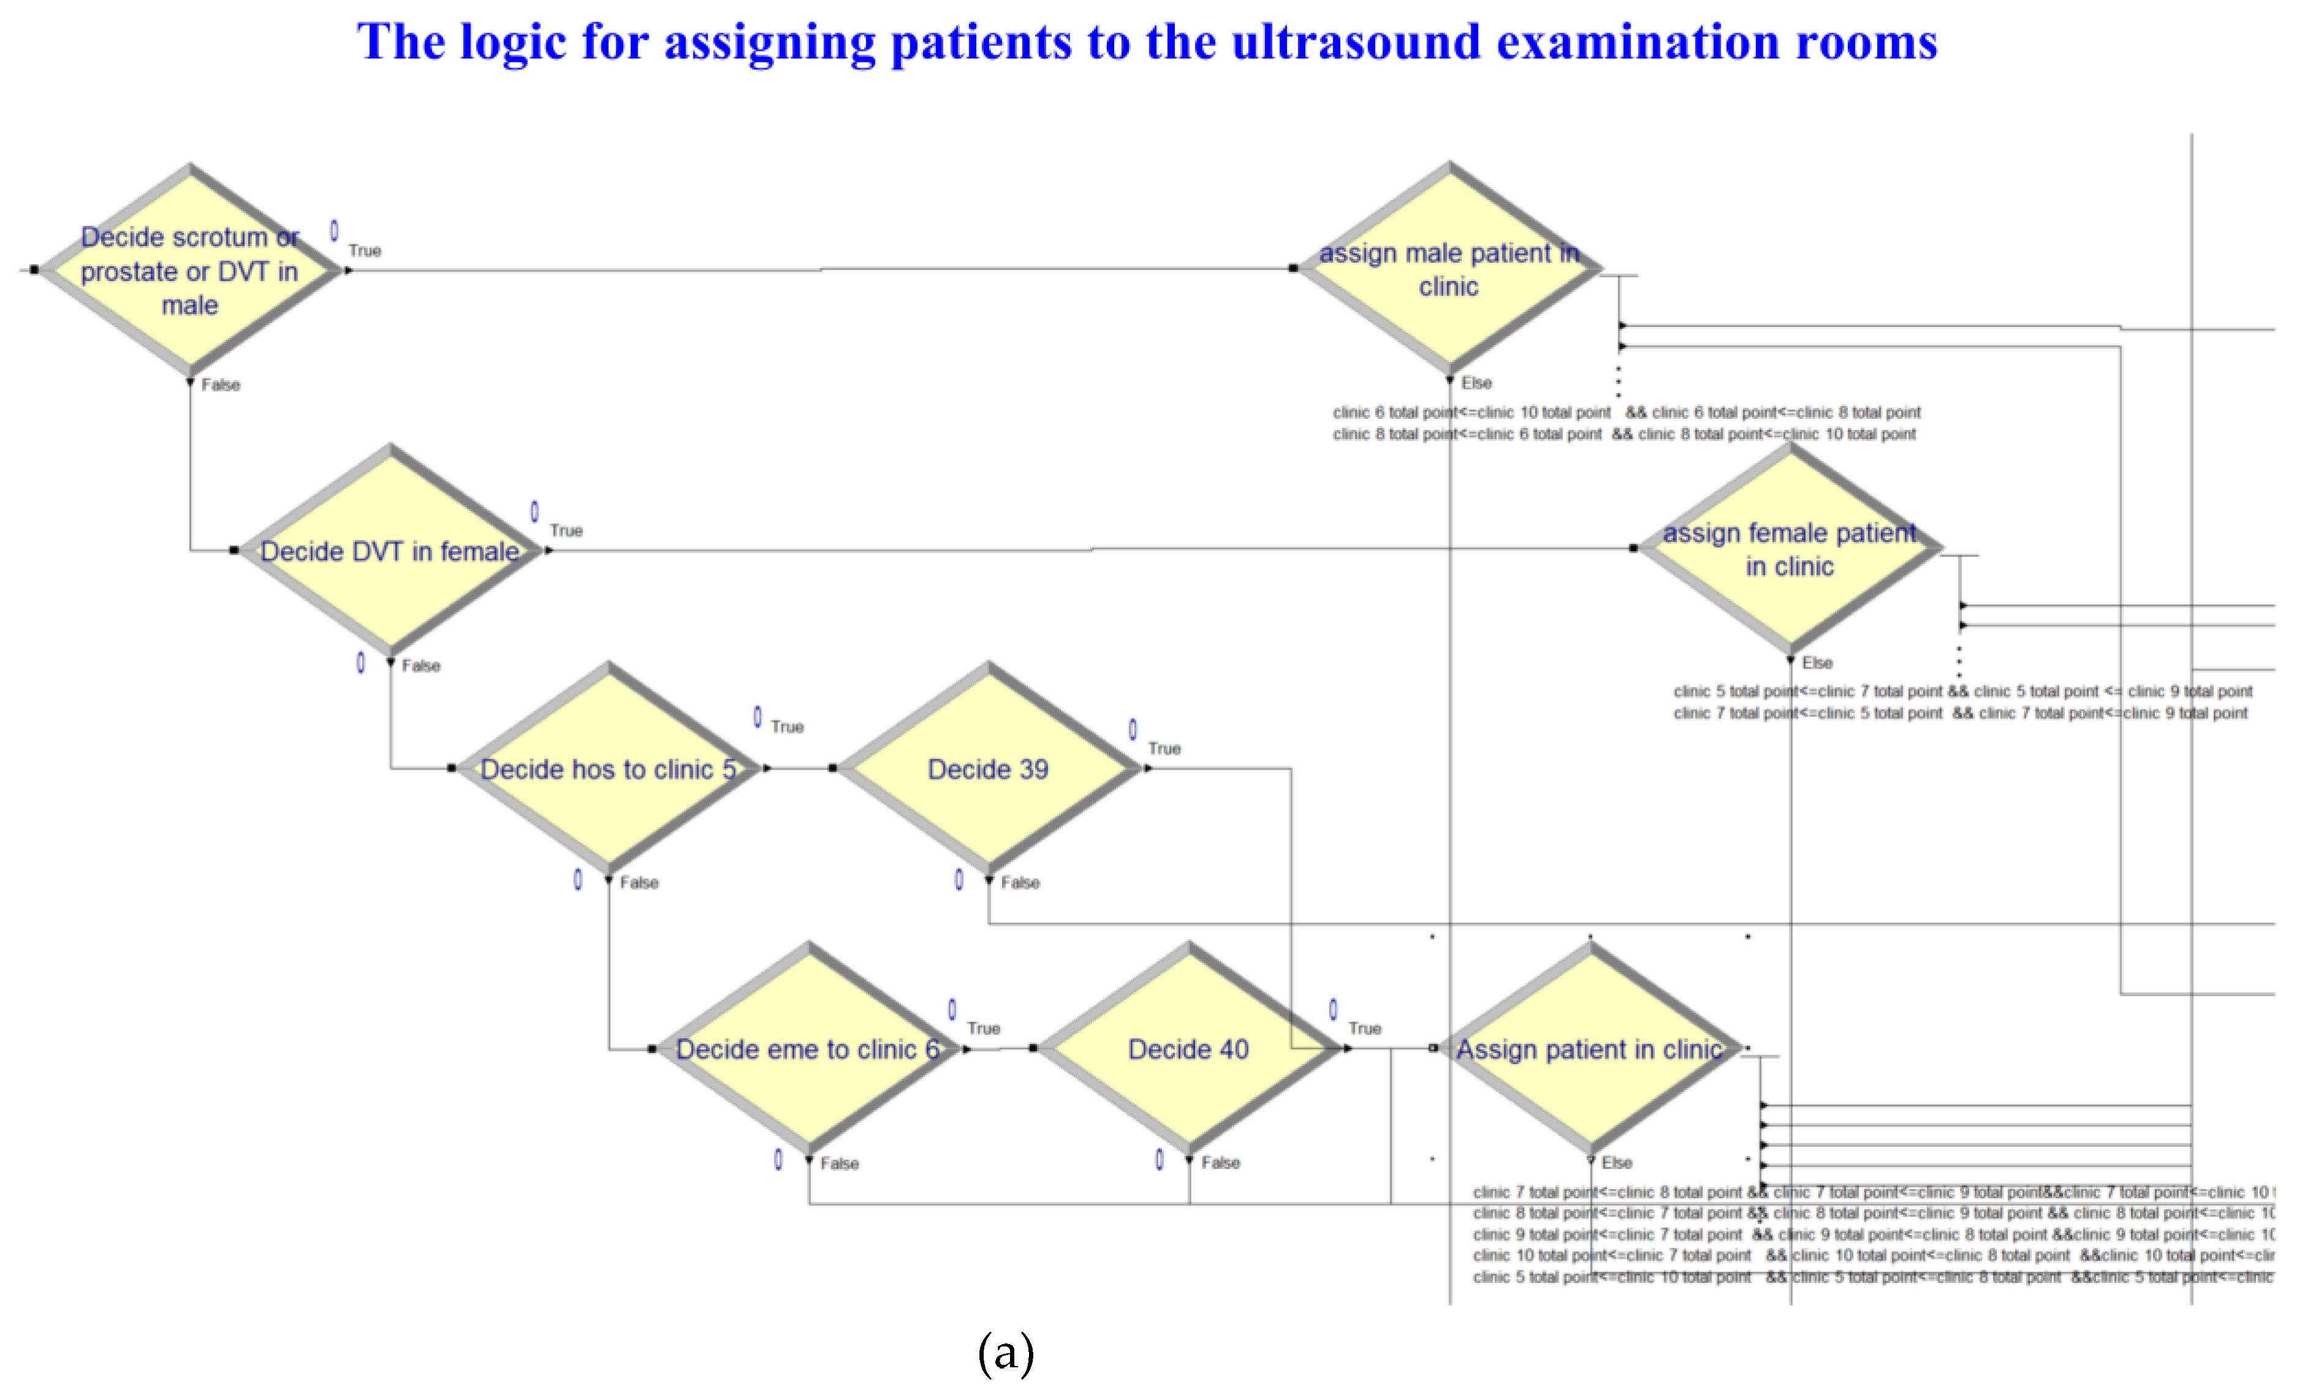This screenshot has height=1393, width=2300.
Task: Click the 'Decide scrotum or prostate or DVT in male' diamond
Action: pyautogui.click(x=190, y=271)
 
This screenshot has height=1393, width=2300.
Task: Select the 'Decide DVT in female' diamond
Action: pyautogui.click(x=390, y=550)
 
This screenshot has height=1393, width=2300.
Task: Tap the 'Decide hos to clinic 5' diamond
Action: pyautogui.click(x=609, y=769)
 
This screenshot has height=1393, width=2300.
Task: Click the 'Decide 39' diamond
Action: pyautogui.click(x=989, y=769)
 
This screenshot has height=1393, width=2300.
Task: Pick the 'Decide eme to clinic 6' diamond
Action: pyautogui.click(x=809, y=1049)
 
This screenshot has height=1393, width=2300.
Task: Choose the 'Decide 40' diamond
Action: pyautogui.click(x=1188, y=1049)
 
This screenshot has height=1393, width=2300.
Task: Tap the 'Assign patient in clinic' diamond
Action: pyautogui.click(x=1589, y=1049)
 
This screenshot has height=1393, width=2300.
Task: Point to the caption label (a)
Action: pyautogui.click(x=1005, y=1352)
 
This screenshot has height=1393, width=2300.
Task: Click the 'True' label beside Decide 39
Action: pyautogui.click(x=1164, y=748)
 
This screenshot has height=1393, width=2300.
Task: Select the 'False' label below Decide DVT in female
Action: pyautogui.click(x=421, y=665)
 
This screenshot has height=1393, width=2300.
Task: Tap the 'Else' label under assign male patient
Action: pyautogui.click(x=1476, y=383)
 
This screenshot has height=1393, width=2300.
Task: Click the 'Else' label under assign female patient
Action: pyautogui.click(x=1817, y=663)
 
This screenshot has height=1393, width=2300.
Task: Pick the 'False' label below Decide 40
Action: pyautogui.click(x=1220, y=1163)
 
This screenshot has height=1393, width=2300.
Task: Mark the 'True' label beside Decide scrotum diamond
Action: pyautogui.click(x=364, y=250)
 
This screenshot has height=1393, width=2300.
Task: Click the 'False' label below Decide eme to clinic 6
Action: pyautogui.click(x=839, y=1163)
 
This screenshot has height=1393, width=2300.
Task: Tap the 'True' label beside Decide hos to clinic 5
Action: pyautogui.click(x=787, y=727)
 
